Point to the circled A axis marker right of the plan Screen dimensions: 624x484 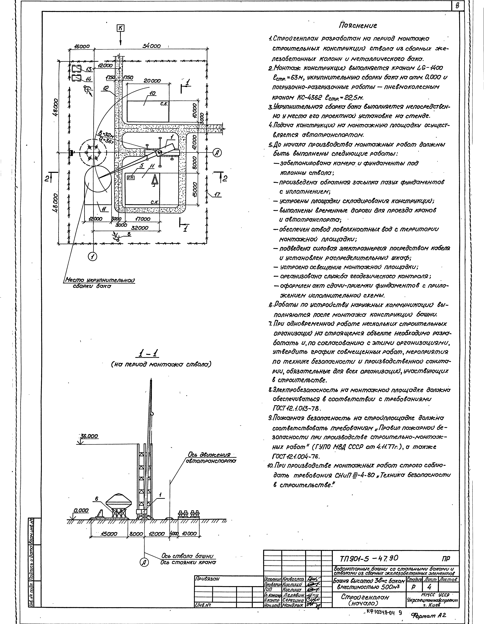217,153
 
